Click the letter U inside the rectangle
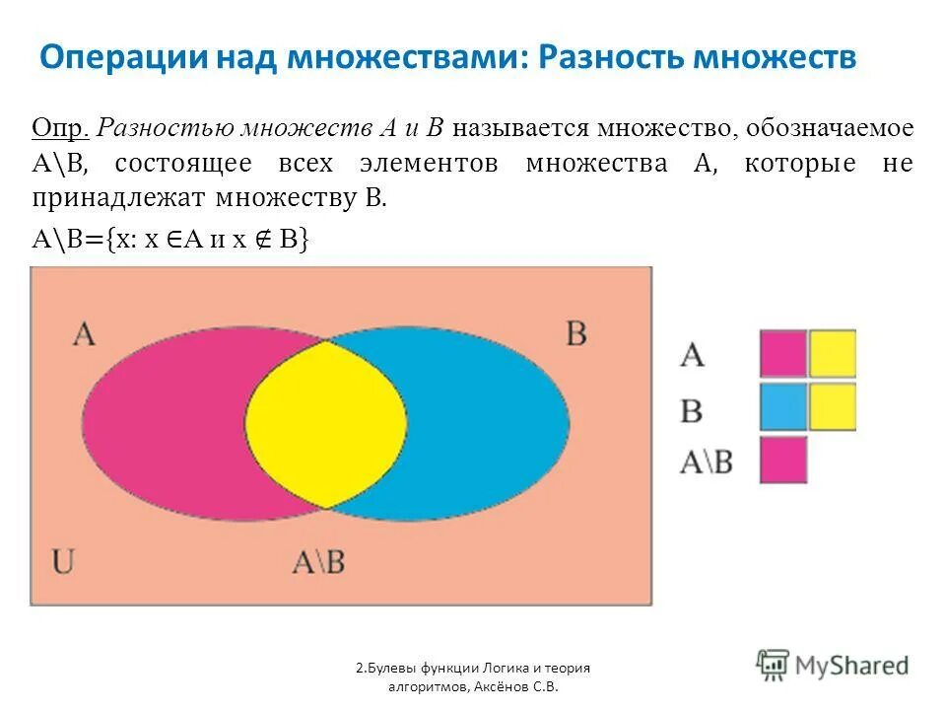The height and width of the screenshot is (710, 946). (x=64, y=562)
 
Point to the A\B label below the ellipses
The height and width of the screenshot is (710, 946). (x=318, y=562)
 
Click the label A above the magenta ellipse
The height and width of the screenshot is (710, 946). (x=84, y=333)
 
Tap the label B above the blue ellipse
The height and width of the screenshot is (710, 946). (x=576, y=333)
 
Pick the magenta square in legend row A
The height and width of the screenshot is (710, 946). (x=783, y=353)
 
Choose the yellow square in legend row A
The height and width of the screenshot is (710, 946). (x=833, y=353)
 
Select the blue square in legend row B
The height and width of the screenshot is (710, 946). (x=783, y=406)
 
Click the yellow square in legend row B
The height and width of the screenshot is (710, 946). (x=833, y=406)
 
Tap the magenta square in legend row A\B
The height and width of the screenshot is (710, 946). (x=783, y=460)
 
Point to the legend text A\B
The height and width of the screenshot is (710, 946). (x=706, y=460)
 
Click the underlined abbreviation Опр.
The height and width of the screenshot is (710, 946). (x=61, y=129)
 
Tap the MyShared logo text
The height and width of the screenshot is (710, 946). (x=851, y=666)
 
